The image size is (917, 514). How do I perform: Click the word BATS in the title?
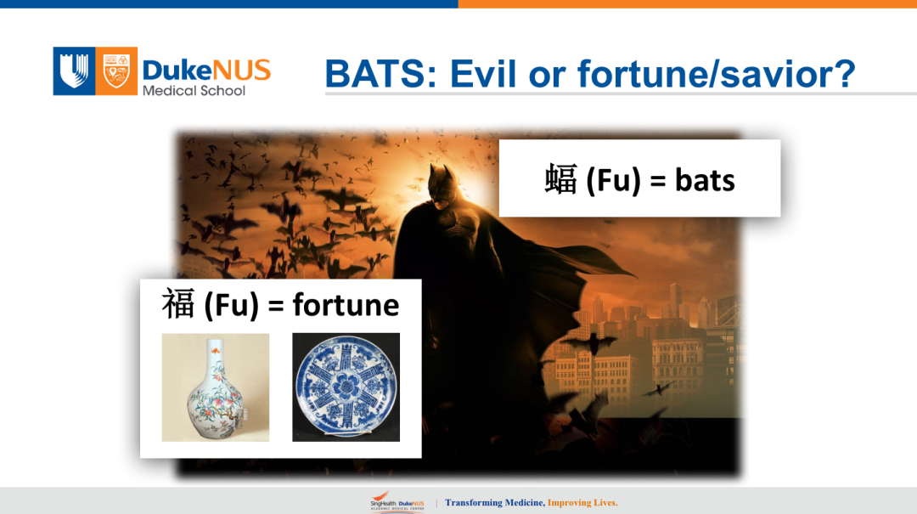tap(380, 74)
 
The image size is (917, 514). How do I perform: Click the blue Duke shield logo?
tap(74, 71)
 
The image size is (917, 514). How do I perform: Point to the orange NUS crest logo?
tap(116, 71)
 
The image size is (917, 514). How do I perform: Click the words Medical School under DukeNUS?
tap(194, 91)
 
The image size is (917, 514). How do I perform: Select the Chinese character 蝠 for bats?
tap(561, 179)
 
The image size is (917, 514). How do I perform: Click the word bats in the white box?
tap(705, 180)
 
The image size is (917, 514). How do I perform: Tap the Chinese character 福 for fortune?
tap(178, 304)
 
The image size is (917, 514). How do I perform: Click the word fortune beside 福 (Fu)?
tap(346, 304)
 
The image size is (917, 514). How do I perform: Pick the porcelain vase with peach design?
tap(215, 389)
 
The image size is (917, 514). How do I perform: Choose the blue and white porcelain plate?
tap(346, 387)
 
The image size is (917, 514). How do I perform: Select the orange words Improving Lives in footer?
tap(582, 502)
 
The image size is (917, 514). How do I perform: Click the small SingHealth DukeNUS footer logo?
tap(397, 501)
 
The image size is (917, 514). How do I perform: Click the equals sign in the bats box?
tap(658, 182)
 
